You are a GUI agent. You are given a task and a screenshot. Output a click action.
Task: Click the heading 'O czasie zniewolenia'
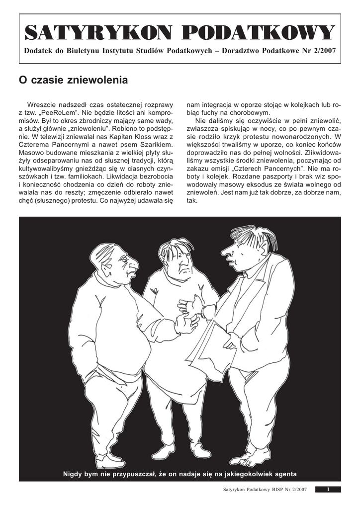(x=73, y=80)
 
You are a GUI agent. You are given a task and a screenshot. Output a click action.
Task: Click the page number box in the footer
(x=328, y=490)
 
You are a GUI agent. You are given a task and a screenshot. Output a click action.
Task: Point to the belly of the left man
(x=134, y=348)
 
